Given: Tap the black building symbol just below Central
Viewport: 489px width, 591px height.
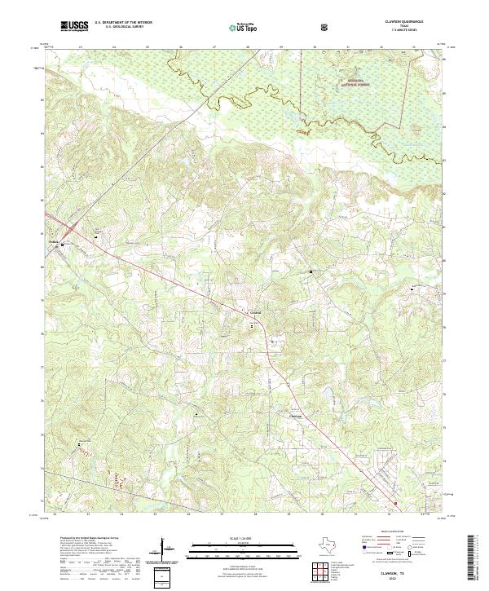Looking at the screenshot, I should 253,324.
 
